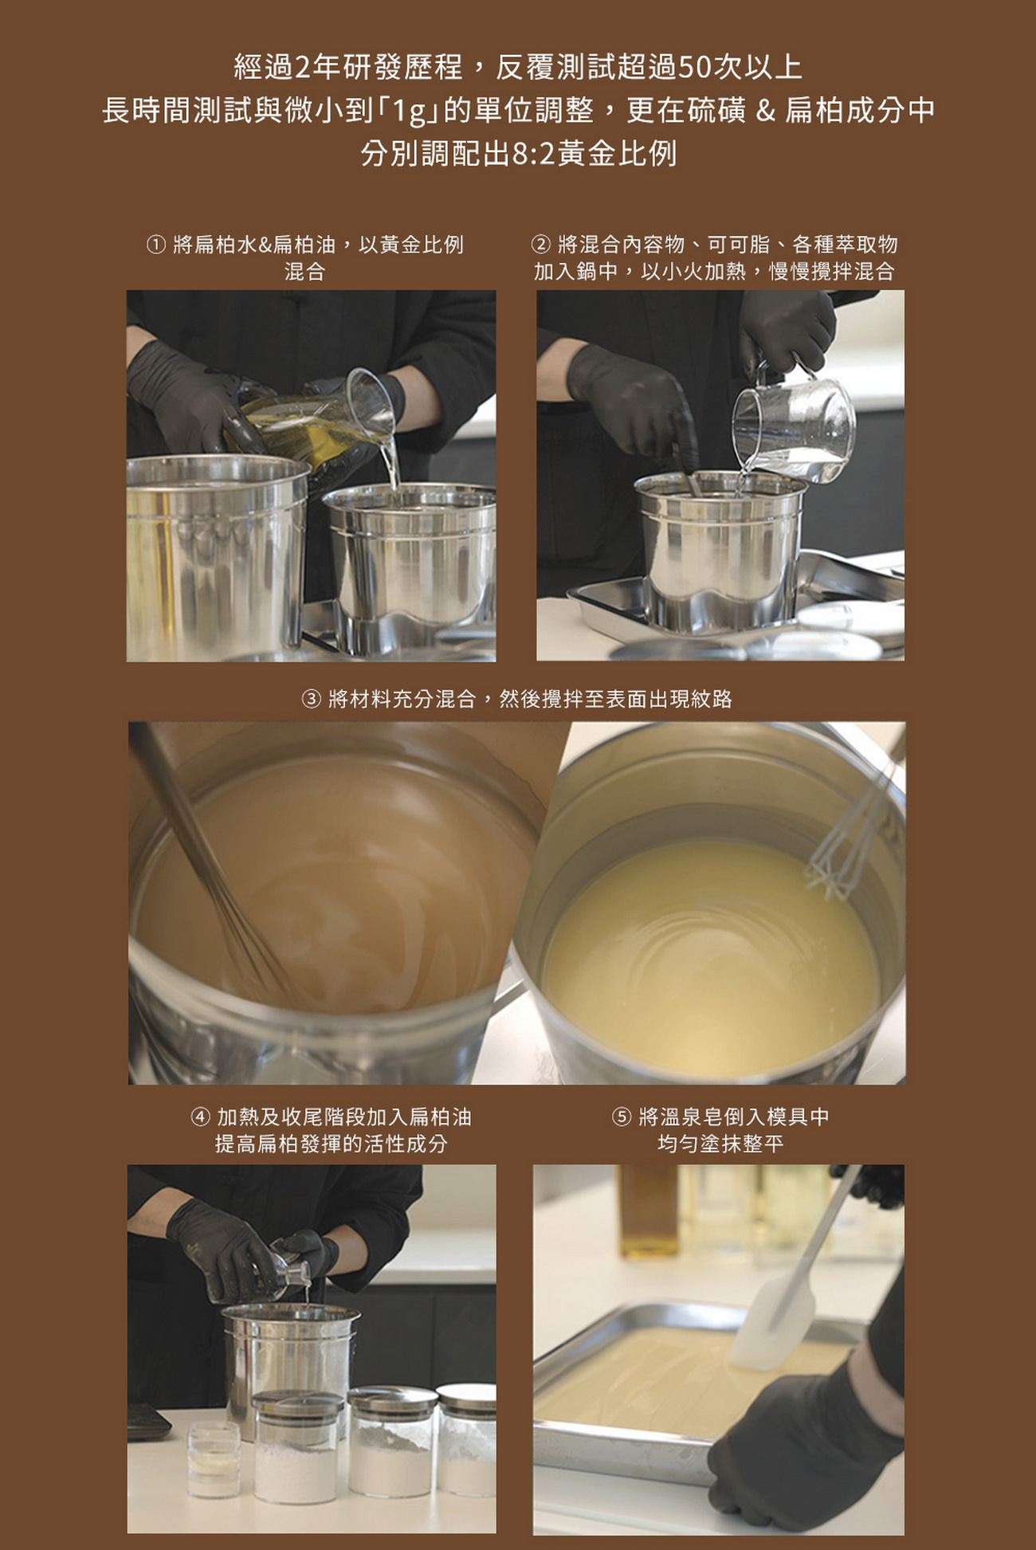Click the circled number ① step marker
tap(155, 245)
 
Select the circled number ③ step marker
tap(312, 700)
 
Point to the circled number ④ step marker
tap(200, 1117)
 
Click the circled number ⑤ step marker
tap(622, 1117)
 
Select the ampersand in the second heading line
tap(766, 110)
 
